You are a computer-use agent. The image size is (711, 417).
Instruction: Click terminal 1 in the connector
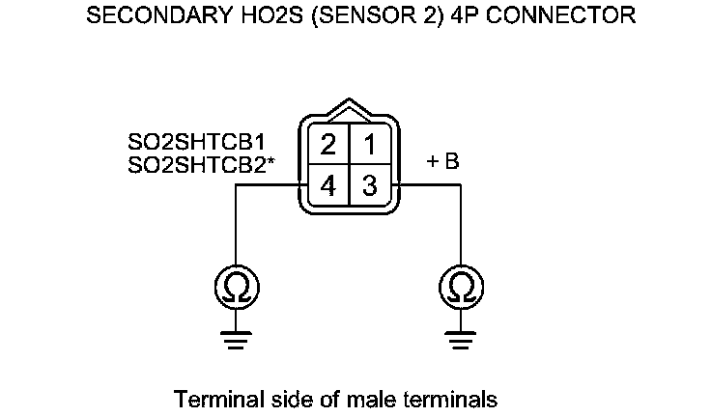(369, 146)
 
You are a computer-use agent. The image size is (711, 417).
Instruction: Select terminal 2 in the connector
(328, 146)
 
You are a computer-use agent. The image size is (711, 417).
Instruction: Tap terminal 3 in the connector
(369, 186)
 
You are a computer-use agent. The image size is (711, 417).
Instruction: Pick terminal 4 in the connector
(328, 186)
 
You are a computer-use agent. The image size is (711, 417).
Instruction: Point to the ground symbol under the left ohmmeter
(237, 339)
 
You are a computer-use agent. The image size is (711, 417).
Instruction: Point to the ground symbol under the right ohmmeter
(461, 339)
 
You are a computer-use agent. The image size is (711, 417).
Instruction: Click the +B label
(442, 163)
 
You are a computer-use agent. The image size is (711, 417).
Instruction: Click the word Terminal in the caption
(210, 398)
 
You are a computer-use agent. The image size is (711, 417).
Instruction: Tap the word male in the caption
(384, 398)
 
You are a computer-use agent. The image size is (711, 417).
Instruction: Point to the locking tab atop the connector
(349, 107)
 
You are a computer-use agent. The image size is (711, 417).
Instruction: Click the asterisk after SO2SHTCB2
(272, 160)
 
